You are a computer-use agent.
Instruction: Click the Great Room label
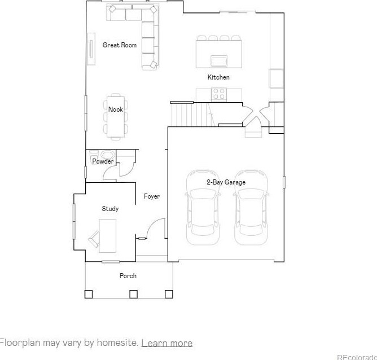[x=120, y=45]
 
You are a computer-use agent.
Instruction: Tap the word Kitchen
[x=218, y=77]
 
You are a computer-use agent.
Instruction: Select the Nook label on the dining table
[x=116, y=109]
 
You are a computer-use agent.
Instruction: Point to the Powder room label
[x=103, y=161]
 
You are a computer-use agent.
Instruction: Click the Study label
[x=110, y=209]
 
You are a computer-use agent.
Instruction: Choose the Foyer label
[x=152, y=196]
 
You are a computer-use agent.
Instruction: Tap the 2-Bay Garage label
[x=226, y=182]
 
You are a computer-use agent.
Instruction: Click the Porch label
[x=128, y=276]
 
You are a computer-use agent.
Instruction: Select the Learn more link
[x=167, y=343]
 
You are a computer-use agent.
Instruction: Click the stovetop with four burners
[x=219, y=94]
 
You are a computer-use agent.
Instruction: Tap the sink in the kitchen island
[x=219, y=60]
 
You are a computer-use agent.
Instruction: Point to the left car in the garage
[x=203, y=208]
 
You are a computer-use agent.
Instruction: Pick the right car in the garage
[x=251, y=208]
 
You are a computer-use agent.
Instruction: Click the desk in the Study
[x=107, y=236]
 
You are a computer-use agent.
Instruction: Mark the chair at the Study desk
[x=94, y=239]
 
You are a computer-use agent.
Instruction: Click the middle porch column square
[x=133, y=294]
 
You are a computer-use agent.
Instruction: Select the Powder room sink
[x=107, y=154]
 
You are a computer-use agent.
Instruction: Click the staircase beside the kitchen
[x=193, y=115]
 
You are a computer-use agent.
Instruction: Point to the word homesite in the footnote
[x=116, y=342]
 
